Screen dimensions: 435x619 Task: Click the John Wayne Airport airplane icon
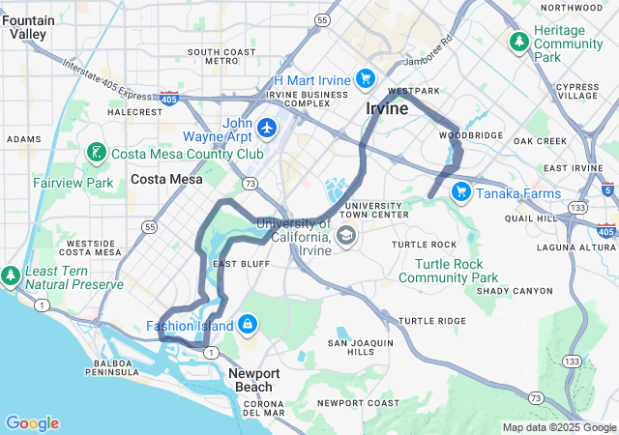[x=268, y=128]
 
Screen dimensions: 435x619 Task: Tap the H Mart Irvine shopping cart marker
[x=365, y=78]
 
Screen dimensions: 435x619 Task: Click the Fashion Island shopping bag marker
[x=248, y=325]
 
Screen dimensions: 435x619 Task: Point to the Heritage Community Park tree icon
[x=519, y=43]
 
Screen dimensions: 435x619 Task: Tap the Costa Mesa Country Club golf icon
[x=96, y=153]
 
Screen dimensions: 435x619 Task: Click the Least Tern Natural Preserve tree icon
[x=11, y=276]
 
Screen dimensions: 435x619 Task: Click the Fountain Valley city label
[x=28, y=26]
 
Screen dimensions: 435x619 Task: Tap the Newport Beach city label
[x=255, y=380]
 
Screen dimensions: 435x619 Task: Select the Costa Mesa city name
[x=167, y=179]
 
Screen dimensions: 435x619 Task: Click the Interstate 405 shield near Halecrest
[x=168, y=99]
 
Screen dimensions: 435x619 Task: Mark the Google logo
[x=32, y=423]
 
